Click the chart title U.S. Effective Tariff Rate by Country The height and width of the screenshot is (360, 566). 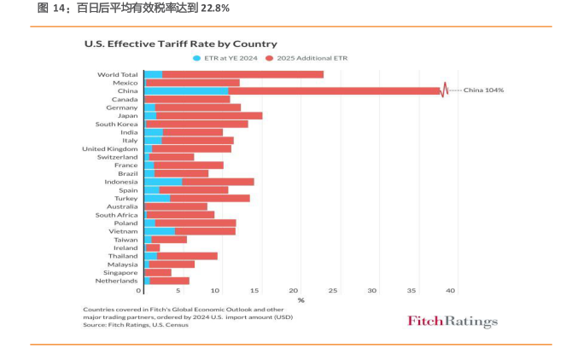pyautogui.click(x=180, y=44)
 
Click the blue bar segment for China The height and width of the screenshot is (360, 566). pyautogui.click(x=186, y=90)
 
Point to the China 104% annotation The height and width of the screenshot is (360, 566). pyautogui.click(x=483, y=90)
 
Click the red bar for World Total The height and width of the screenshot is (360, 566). pyautogui.click(x=242, y=74)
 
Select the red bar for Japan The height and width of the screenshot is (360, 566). pyautogui.click(x=209, y=115)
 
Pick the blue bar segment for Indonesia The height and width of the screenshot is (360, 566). pyautogui.click(x=163, y=182)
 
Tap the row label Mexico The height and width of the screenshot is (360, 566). pyautogui.click(x=125, y=83)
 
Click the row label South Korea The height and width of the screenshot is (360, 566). pyautogui.click(x=117, y=124)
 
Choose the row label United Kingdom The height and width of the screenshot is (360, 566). pyautogui.click(x=110, y=148)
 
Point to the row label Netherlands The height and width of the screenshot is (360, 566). pyautogui.click(x=116, y=281)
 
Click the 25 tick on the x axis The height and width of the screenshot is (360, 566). pyautogui.click(x=333, y=290)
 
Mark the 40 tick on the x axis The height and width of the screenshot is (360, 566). pyautogui.click(x=452, y=290)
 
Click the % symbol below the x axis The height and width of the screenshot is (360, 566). pyautogui.click(x=301, y=299)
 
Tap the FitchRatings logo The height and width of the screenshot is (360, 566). pyautogui.click(x=452, y=322)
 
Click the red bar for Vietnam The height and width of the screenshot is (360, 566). pyautogui.click(x=205, y=231)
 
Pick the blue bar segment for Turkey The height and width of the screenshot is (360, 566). pyautogui.click(x=157, y=198)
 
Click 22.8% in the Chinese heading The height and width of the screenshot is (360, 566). pyautogui.click(x=214, y=9)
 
